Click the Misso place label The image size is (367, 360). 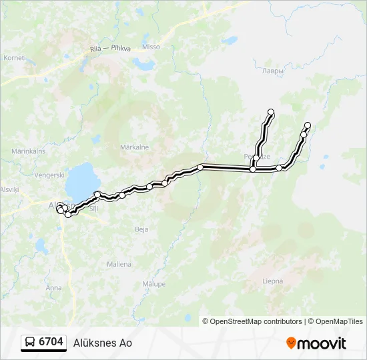[x=151, y=47]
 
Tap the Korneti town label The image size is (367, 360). [x=14, y=58]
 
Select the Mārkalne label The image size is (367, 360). [x=134, y=147]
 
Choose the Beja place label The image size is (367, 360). [x=141, y=229]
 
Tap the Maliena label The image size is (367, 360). [x=118, y=264]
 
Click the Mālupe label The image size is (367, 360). [x=153, y=283]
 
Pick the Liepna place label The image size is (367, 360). [x=273, y=281]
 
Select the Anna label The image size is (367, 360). [x=53, y=287]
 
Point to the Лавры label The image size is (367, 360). [x=272, y=71]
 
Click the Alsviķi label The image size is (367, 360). [x=10, y=189]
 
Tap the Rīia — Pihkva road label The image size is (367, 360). [x=110, y=47]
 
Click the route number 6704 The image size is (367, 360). [x=51, y=342]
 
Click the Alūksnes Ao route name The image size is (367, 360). [x=102, y=343]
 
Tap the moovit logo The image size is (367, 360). [x=316, y=343]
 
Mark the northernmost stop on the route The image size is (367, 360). [x=271, y=111]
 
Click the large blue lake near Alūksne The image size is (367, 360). [x=83, y=179]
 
